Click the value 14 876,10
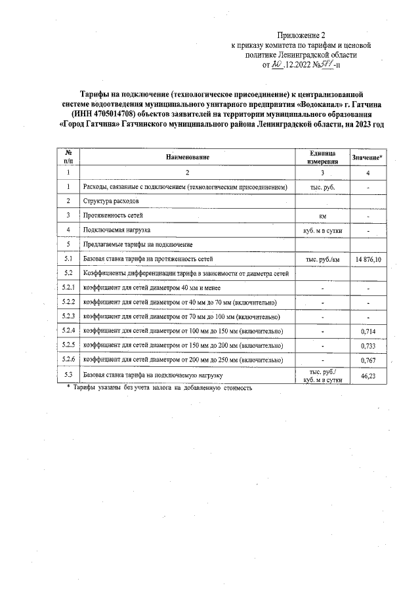(x=368, y=261)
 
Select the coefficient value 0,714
(x=368, y=331)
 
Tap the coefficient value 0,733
(x=368, y=345)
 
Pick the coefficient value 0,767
(x=368, y=360)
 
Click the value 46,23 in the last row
(x=368, y=376)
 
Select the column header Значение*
(x=368, y=158)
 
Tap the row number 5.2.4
(x=68, y=330)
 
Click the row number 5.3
(x=68, y=375)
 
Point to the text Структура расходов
(x=112, y=202)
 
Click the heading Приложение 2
(x=301, y=35)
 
